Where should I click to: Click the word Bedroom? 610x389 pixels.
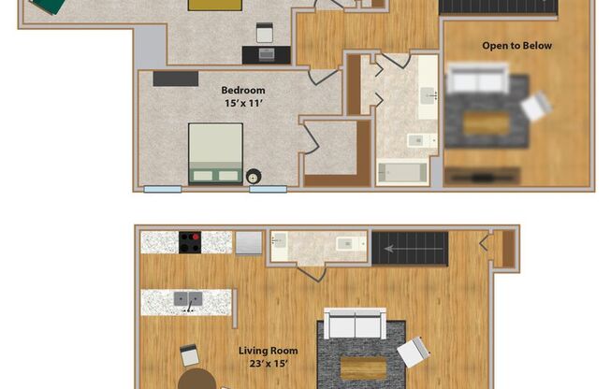(x=242, y=90)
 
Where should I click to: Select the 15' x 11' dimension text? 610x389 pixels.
(x=242, y=103)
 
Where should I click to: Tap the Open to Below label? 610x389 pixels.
(x=516, y=46)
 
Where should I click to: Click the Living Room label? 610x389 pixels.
(x=267, y=351)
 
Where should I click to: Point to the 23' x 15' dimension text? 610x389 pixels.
(x=267, y=364)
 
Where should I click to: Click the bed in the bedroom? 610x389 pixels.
(x=215, y=152)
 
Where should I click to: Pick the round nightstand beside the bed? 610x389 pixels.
(x=253, y=176)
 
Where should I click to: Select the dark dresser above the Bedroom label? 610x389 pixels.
(x=175, y=79)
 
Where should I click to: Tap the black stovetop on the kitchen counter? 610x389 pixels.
(x=191, y=242)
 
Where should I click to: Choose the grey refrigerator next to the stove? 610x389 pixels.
(x=249, y=243)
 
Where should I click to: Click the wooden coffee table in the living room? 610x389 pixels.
(x=362, y=367)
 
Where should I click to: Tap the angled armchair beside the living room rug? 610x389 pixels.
(x=413, y=353)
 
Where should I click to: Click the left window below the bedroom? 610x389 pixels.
(x=162, y=190)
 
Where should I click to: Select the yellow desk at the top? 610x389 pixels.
(x=213, y=4)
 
